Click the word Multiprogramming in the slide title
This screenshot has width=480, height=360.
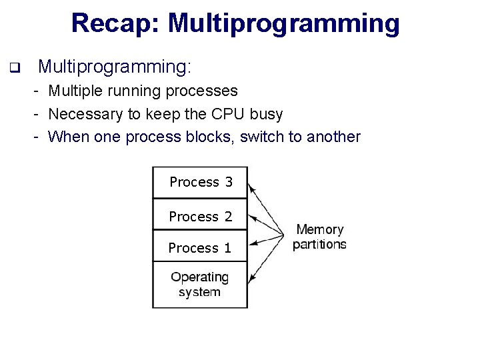tap(283, 23)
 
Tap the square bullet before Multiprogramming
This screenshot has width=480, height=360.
tap(14, 67)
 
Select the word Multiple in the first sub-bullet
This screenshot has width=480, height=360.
tap(75, 91)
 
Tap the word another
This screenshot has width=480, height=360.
tap(333, 137)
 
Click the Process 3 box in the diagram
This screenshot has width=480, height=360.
tap(200, 182)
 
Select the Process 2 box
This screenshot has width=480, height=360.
tap(200, 216)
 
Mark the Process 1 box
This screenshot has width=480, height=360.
tap(200, 247)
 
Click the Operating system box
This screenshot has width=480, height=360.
tap(200, 285)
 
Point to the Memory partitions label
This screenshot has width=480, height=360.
tap(319, 237)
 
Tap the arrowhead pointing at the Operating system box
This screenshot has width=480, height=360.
tap(251, 278)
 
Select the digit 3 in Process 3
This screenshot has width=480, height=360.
tap(229, 182)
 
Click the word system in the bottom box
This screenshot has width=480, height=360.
tap(199, 292)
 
